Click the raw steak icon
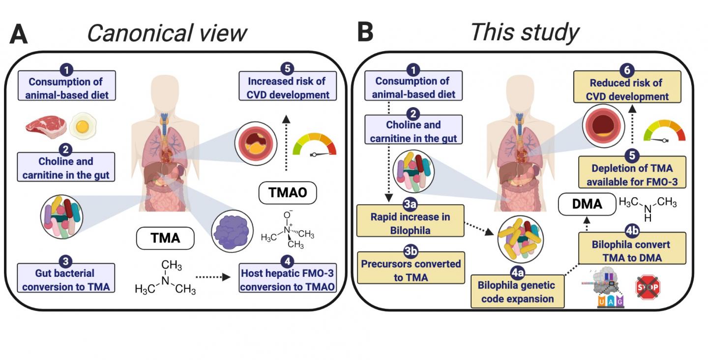(x=45, y=126)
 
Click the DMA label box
(x=587, y=204)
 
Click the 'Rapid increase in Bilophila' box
(x=410, y=223)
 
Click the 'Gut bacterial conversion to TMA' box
(x=65, y=279)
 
